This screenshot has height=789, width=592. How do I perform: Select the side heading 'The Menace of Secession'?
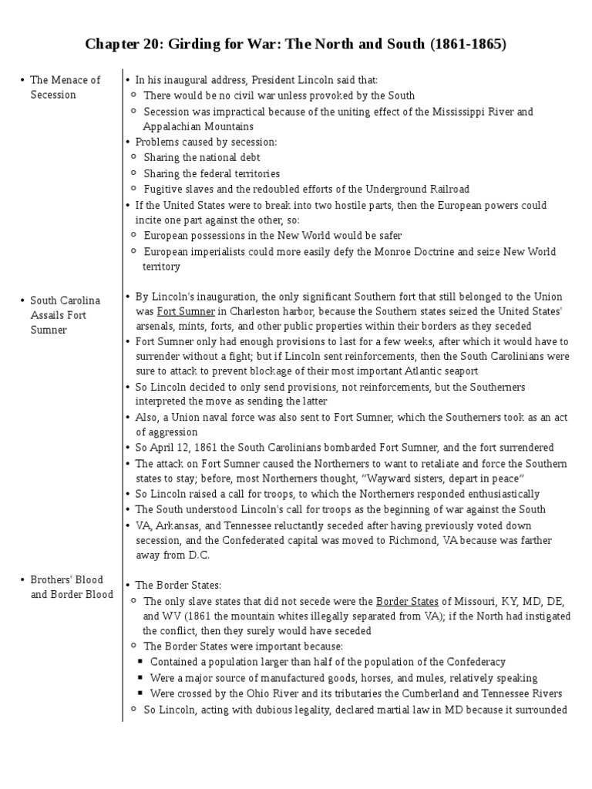click(65, 87)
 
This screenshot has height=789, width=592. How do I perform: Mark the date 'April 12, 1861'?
click(189, 448)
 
